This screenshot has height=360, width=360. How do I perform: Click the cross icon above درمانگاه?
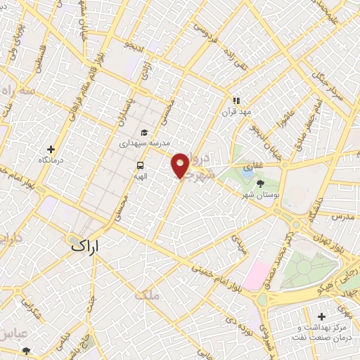tap(51, 149)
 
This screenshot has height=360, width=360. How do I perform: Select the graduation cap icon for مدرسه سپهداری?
tap(144, 131)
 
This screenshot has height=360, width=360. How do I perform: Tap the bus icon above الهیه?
tap(140, 166)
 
